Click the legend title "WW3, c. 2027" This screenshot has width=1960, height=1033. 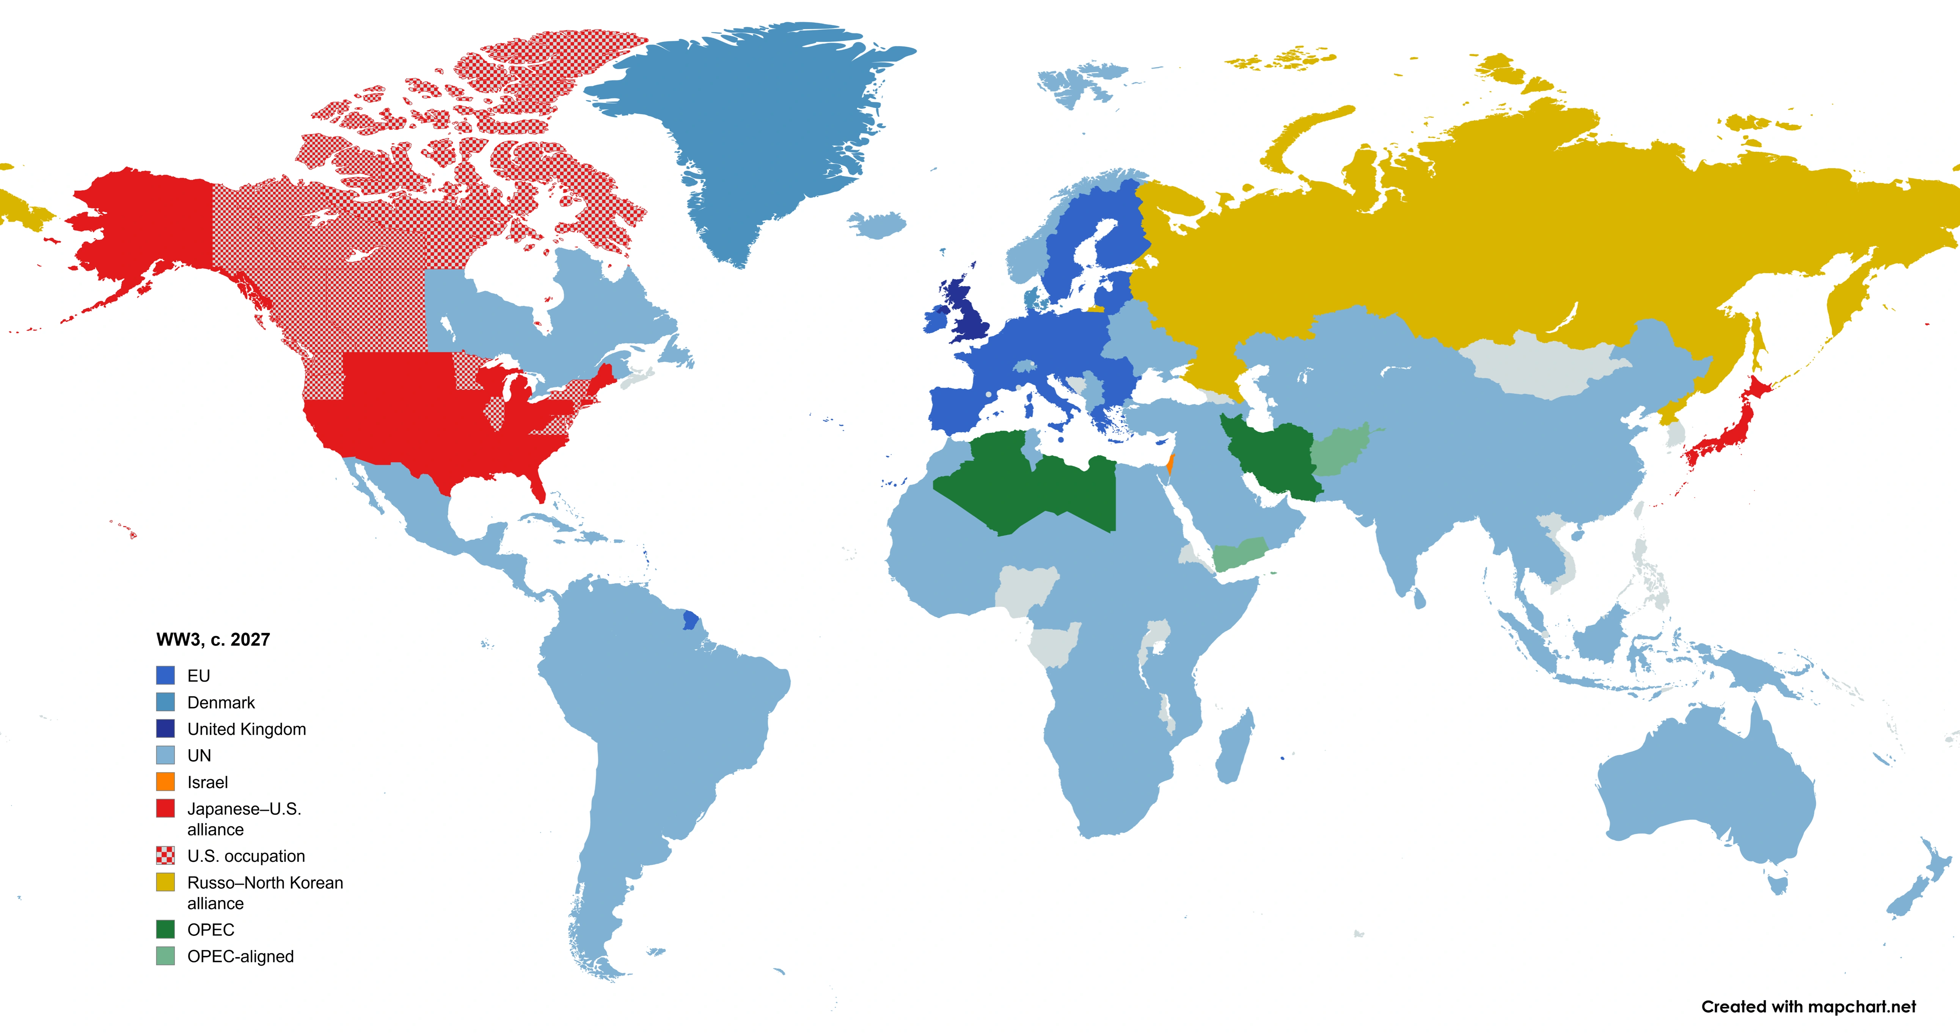(213, 639)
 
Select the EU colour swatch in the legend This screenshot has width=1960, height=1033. (165, 675)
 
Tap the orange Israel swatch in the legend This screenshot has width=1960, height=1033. (165, 782)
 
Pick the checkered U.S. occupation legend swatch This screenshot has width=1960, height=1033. (165, 856)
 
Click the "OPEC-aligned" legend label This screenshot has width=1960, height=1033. (240, 956)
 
